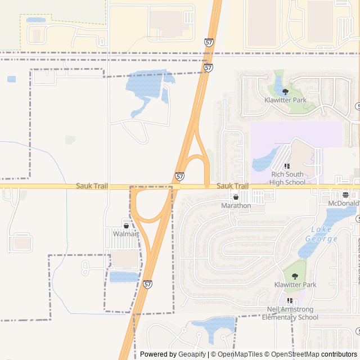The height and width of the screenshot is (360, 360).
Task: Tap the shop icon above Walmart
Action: (x=126, y=226)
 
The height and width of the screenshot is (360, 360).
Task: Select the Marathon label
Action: (x=236, y=205)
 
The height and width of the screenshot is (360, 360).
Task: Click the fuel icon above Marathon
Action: (x=236, y=197)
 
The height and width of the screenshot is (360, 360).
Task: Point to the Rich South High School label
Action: (x=287, y=178)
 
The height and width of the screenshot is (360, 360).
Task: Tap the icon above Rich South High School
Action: (x=287, y=166)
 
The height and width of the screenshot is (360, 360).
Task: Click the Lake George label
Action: (x=321, y=234)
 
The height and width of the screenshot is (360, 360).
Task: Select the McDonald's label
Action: (x=344, y=203)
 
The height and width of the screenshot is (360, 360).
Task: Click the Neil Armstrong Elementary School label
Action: (x=292, y=313)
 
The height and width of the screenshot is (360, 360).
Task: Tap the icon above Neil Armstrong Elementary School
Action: (x=290, y=301)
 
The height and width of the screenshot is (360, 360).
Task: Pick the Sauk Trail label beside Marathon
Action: (x=232, y=186)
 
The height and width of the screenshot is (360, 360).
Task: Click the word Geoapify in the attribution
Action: (x=193, y=354)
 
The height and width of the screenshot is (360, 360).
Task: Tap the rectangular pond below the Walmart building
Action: (x=124, y=277)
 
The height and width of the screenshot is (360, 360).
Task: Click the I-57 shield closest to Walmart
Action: (x=147, y=285)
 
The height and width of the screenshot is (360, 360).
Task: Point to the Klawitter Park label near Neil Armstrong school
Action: (x=295, y=285)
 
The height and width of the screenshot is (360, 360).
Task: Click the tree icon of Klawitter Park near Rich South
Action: (x=285, y=92)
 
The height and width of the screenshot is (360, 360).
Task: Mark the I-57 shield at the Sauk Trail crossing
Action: (x=179, y=177)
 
